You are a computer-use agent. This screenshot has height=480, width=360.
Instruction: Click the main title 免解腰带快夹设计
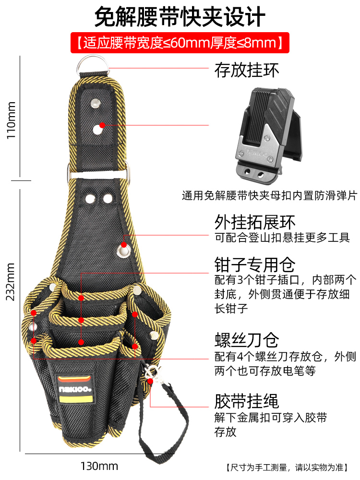click(x=180, y=17)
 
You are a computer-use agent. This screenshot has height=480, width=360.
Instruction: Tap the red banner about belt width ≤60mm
click(x=180, y=43)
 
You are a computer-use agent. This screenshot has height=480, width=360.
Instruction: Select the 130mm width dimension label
click(x=99, y=465)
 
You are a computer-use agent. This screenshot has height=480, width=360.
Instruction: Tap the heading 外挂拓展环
click(x=254, y=222)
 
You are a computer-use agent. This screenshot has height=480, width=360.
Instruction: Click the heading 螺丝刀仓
click(x=246, y=340)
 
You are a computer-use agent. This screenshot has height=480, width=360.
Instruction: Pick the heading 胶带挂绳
click(x=246, y=400)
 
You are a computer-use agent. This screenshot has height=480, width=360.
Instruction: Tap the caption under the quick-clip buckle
click(x=269, y=196)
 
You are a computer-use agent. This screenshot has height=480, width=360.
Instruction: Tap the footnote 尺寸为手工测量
click(x=290, y=467)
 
